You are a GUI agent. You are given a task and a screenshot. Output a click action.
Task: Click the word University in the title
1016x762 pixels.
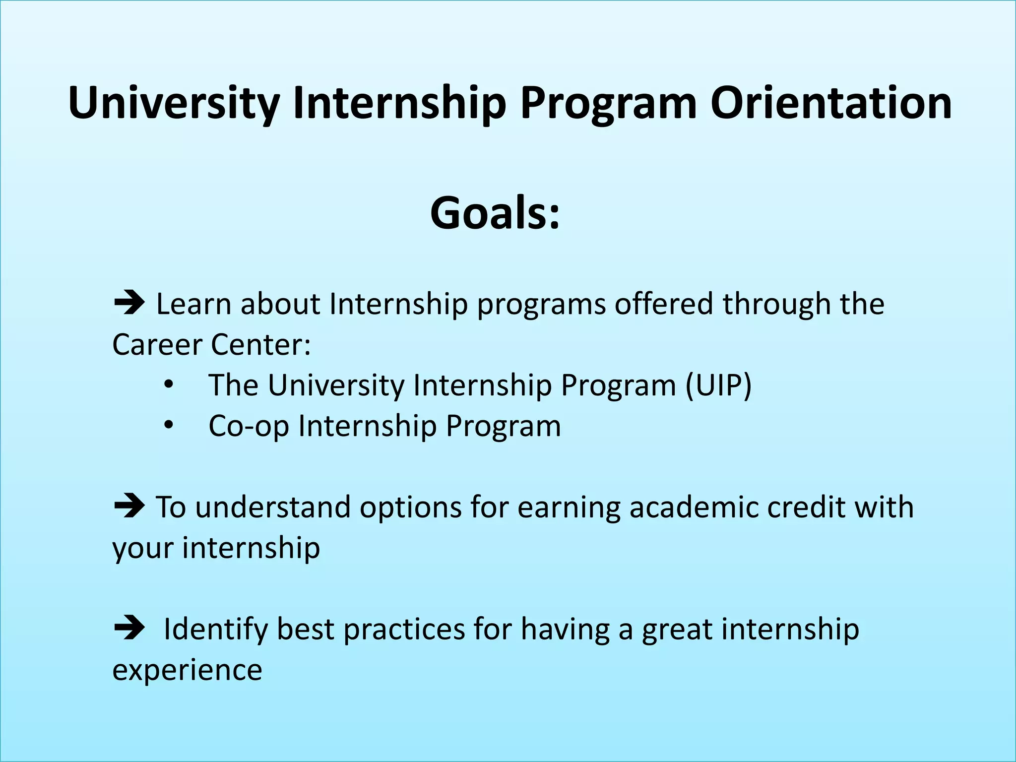[174, 103]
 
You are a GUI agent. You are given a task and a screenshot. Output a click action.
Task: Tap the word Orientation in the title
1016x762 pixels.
[831, 103]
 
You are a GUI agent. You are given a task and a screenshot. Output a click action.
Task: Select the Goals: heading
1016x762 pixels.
[495, 213]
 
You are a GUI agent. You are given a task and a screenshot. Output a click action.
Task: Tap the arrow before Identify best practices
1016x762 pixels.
[129, 628]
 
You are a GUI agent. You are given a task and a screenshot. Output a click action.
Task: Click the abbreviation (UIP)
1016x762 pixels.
[718, 385]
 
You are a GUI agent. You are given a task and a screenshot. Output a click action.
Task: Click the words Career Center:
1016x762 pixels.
[211, 344]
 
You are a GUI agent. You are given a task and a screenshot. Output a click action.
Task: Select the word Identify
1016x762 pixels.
[215, 629]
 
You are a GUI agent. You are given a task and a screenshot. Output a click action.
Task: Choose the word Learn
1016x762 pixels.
[193, 304]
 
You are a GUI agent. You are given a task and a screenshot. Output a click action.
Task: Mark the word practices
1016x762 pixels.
[404, 629]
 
